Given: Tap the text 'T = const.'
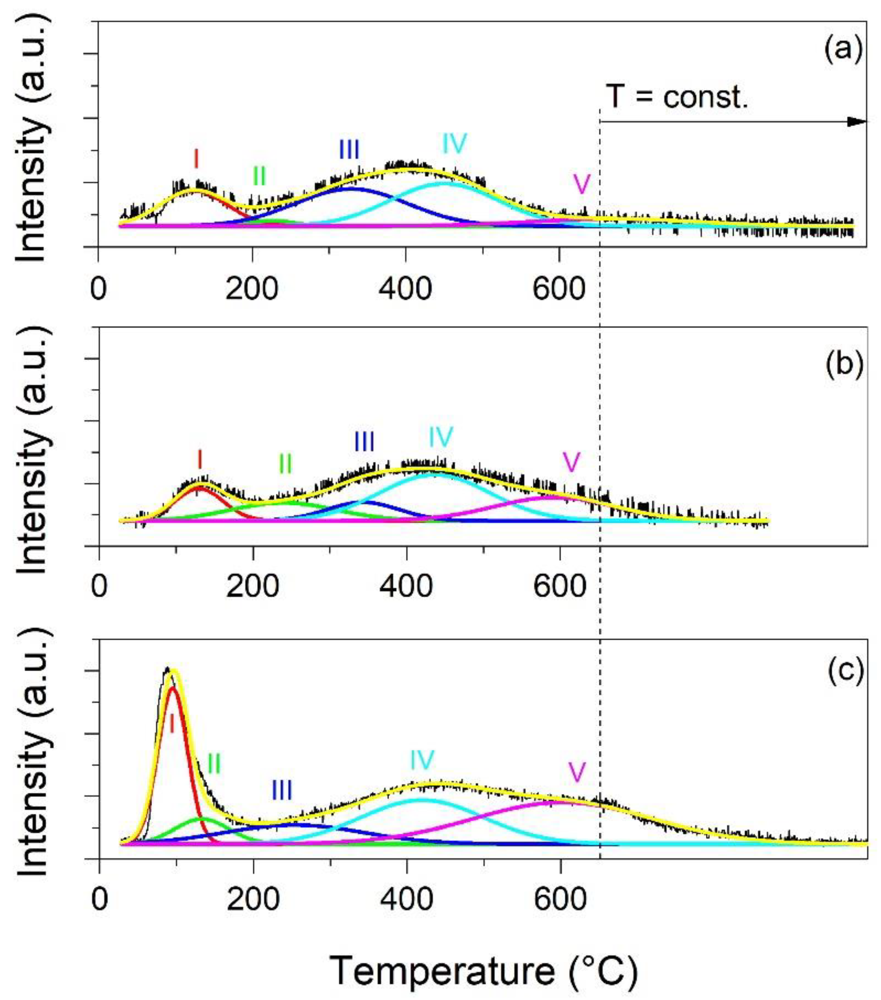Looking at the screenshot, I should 677,97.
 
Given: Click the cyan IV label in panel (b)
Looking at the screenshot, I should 441,436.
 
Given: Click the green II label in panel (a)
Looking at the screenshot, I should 259,176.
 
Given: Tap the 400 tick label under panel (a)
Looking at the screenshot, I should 405,289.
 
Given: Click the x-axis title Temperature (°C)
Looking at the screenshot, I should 483,971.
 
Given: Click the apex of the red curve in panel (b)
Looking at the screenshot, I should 199,487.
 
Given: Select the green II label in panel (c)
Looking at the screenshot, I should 214,763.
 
